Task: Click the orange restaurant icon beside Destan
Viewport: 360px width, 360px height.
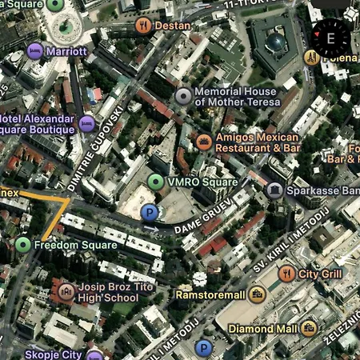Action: point(144,25)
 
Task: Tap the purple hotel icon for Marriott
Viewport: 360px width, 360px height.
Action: point(35,51)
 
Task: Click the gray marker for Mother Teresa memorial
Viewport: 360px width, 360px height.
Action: point(183,97)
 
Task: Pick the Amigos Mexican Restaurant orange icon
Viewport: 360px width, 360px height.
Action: point(204,142)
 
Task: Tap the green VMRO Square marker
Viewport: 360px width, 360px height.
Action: point(157,182)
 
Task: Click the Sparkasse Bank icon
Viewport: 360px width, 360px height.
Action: point(275,190)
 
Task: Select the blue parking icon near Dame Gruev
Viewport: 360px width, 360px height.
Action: point(149,212)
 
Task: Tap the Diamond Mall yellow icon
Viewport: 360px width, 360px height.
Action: point(309,328)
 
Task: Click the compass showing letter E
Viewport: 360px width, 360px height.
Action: point(330,36)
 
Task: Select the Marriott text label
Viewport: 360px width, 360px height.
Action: point(67,51)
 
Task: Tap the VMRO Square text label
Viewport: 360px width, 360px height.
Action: point(203,182)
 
